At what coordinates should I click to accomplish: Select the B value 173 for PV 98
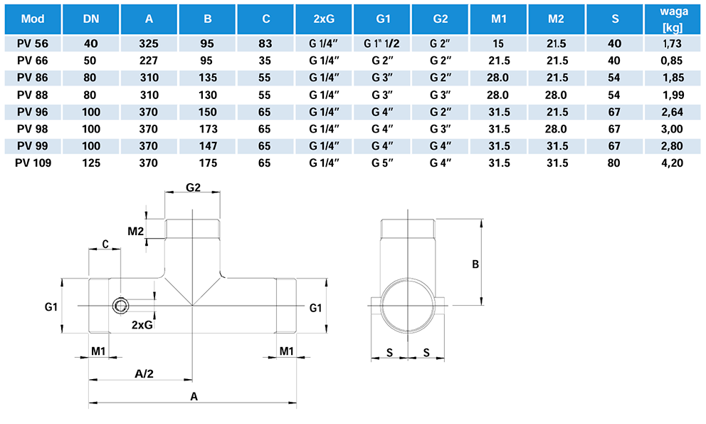pyautogui.click(x=206, y=128)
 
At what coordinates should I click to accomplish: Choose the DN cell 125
pyautogui.click(x=90, y=162)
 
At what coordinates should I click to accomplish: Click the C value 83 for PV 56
pyautogui.click(x=265, y=43)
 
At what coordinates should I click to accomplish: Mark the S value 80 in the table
pyautogui.click(x=615, y=162)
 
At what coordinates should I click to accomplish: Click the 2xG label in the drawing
pyautogui.click(x=142, y=325)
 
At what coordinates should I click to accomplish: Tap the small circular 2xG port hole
pyautogui.click(x=121, y=306)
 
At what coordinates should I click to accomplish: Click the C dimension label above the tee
pyautogui.click(x=105, y=244)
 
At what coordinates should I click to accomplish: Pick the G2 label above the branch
pyautogui.click(x=193, y=187)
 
